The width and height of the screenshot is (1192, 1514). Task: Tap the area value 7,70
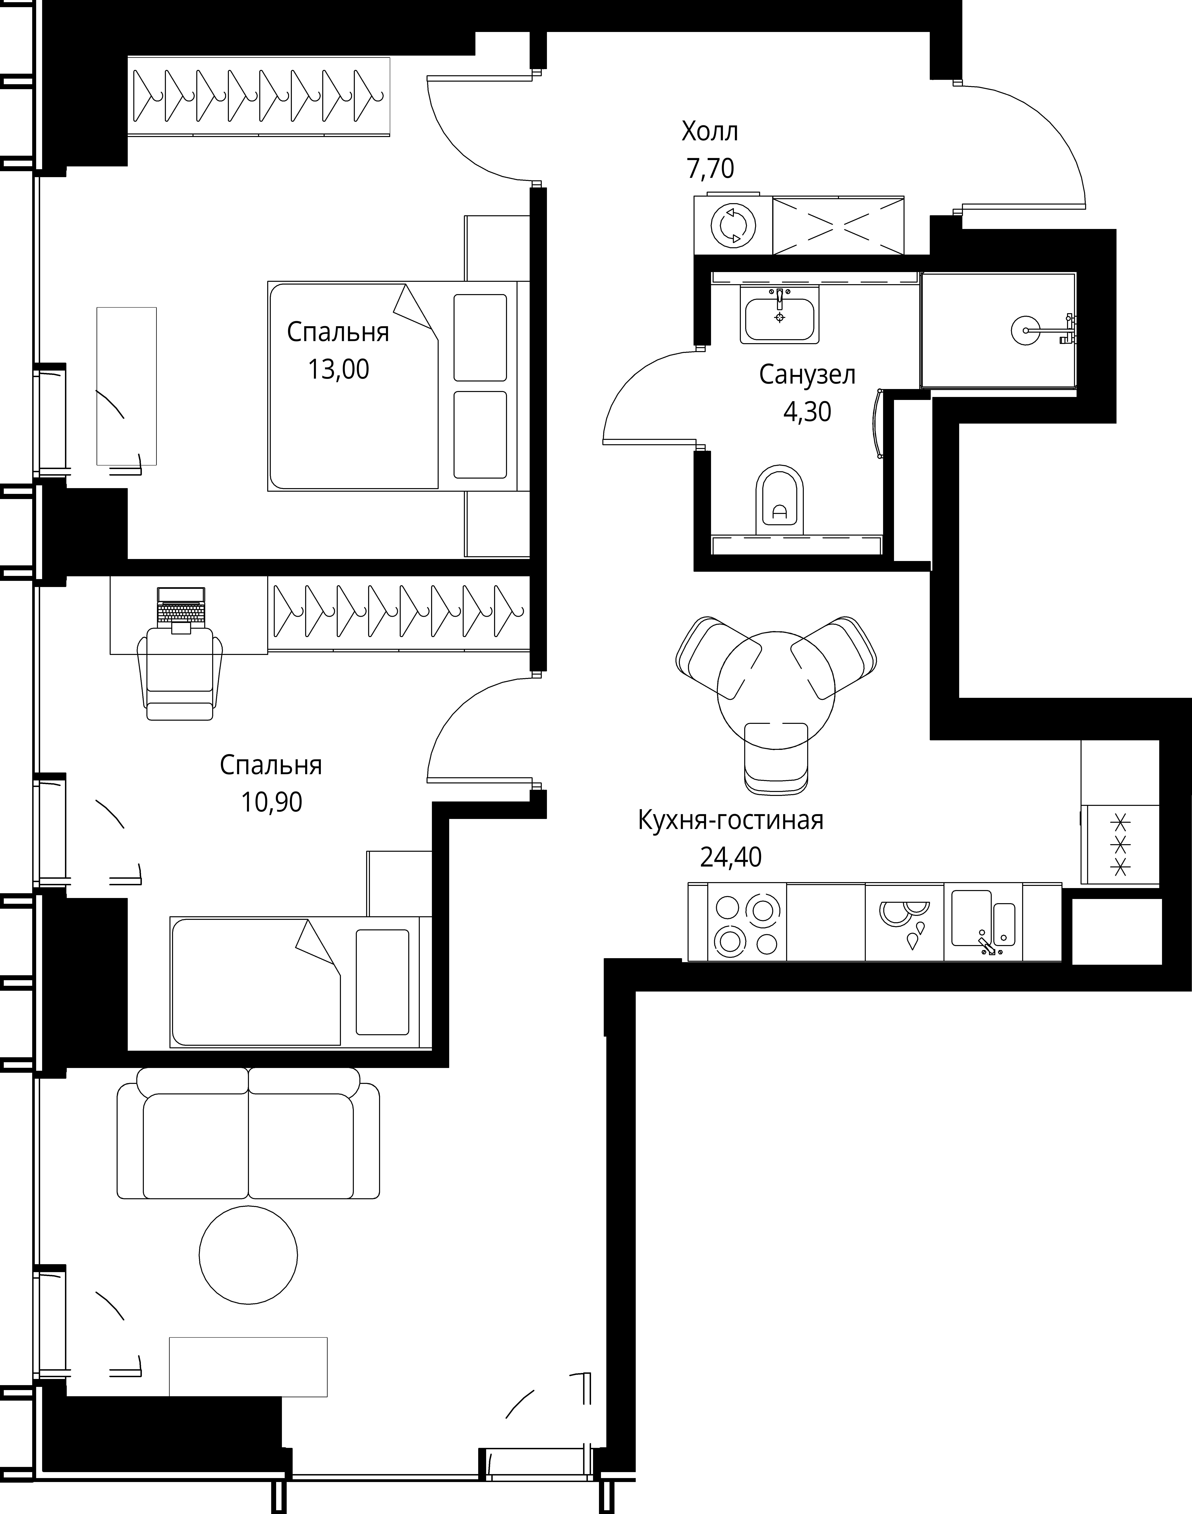pos(710,169)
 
